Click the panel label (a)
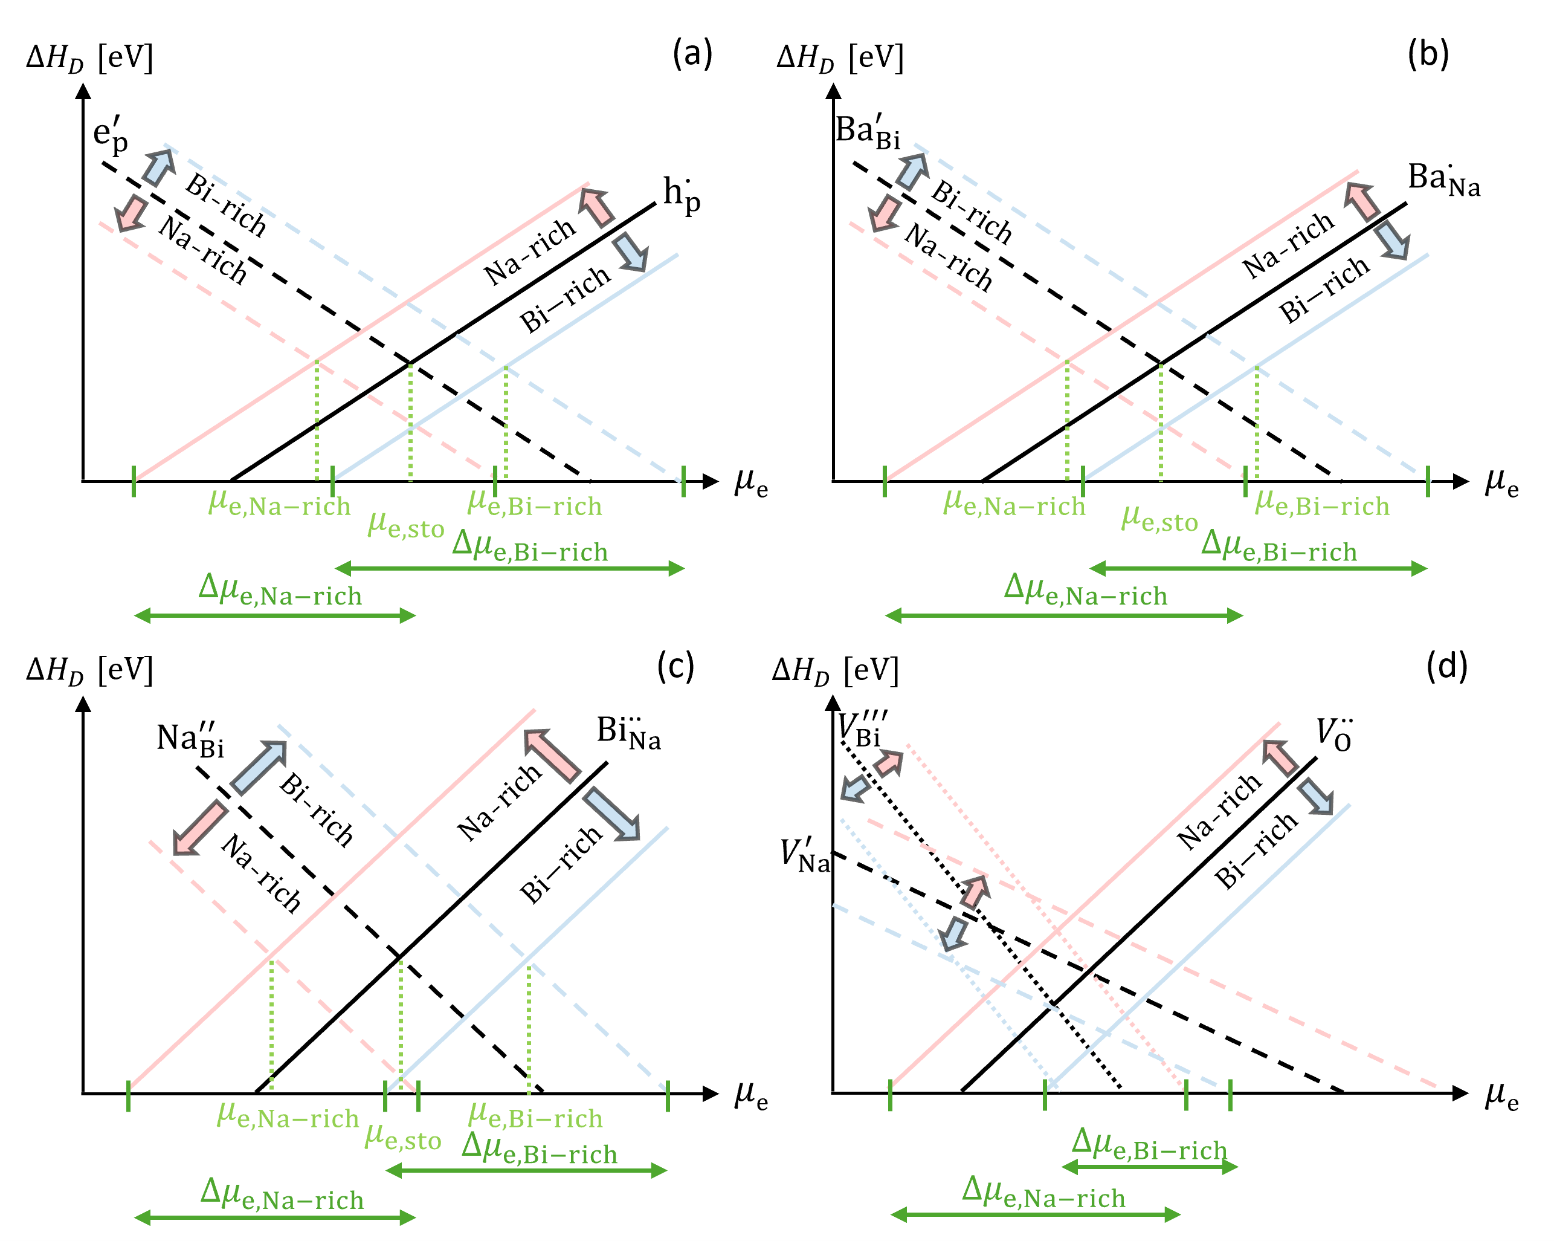692,54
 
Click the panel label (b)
1428,54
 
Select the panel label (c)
675,666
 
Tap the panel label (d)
1446,666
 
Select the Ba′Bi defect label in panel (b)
868,132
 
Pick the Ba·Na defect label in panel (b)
1443,179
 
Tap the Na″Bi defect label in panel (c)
190,740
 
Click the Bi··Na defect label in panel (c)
628,733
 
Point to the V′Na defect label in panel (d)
805,856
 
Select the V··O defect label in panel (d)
1333,734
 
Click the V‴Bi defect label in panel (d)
862,728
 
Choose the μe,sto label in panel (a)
406,526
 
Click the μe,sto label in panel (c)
403,1137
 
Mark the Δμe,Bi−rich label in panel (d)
1149,1144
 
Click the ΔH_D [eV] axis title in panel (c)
89,670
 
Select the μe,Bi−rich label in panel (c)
535,1117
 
